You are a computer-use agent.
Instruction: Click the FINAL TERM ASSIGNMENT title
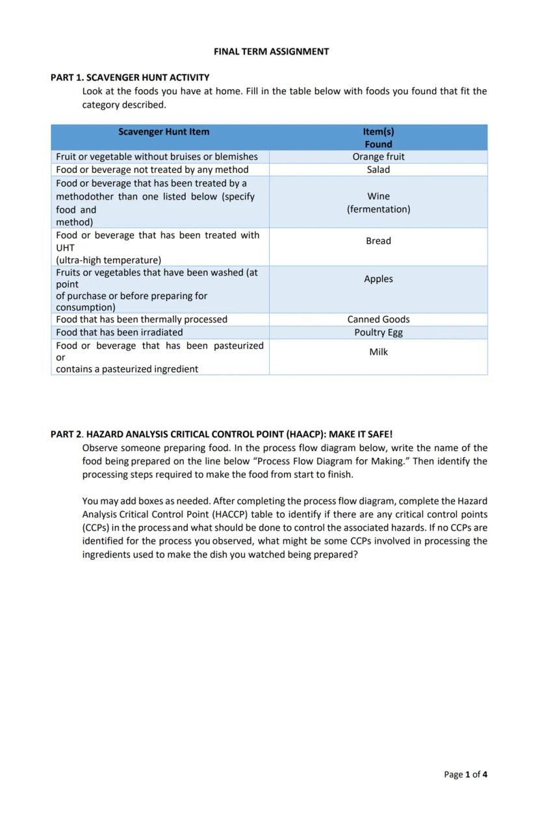tap(271, 51)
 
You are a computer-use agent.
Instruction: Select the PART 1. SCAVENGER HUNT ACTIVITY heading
tap(130, 77)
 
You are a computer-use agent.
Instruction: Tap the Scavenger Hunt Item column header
tap(164, 132)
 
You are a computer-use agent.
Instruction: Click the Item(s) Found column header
tap(378, 138)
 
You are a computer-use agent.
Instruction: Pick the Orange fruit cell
tap(378, 157)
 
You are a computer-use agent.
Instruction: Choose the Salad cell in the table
tap(378, 170)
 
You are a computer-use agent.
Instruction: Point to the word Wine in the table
tap(378, 196)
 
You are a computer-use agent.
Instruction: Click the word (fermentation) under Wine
tap(378, 209)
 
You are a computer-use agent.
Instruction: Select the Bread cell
tap(378, 241)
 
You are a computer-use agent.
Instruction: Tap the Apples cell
tap(378, 279)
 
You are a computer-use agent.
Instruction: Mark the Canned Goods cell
tap(378, 319)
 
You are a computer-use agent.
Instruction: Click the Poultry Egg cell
tap(378, 332)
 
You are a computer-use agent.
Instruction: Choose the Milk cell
tap(378, 352)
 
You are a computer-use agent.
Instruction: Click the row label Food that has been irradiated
tap(120, 332)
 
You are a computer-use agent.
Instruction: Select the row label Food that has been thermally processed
tap(142, 319)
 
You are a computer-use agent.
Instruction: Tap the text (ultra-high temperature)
tap(109, 260)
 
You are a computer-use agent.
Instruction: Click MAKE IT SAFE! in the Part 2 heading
tap(361, 434)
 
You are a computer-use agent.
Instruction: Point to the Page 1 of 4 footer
tap(465, 774)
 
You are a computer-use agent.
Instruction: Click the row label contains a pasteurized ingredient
tap(127, 369)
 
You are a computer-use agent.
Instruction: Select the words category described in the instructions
tap(123, 105)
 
